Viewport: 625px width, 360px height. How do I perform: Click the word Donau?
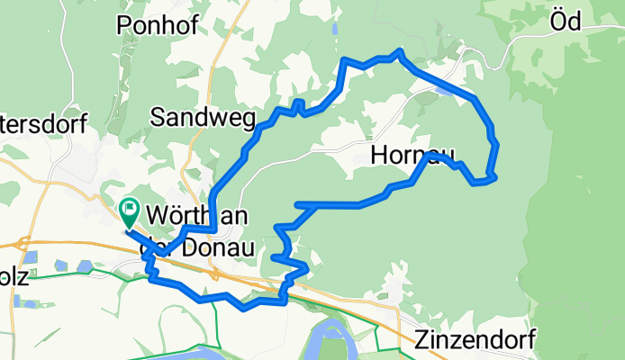(x=216, y=247)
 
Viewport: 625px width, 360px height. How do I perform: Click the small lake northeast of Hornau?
(x=444, y=89)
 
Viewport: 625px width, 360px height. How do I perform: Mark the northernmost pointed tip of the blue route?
(x=399, y=50)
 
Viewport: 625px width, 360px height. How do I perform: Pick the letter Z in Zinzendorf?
(x=422, y=338)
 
